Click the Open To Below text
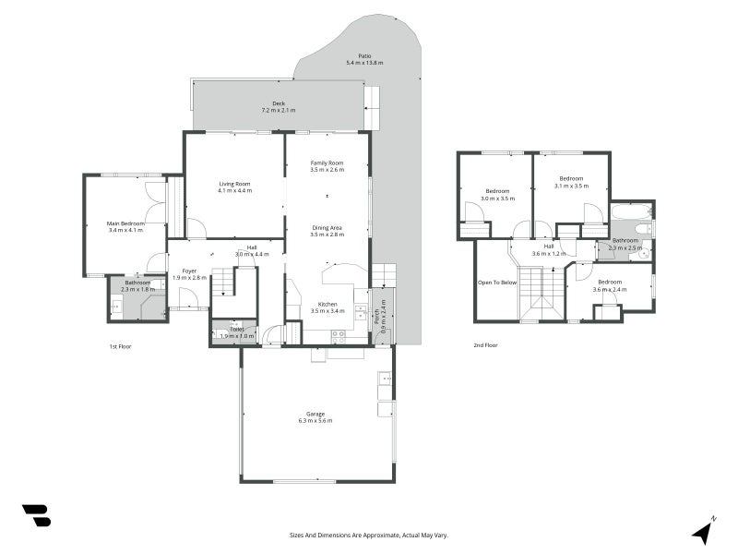(496, 283)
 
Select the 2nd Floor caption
(485, 344)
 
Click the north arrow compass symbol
(703, 531)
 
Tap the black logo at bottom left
(36, 515)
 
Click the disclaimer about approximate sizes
(368, 535)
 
